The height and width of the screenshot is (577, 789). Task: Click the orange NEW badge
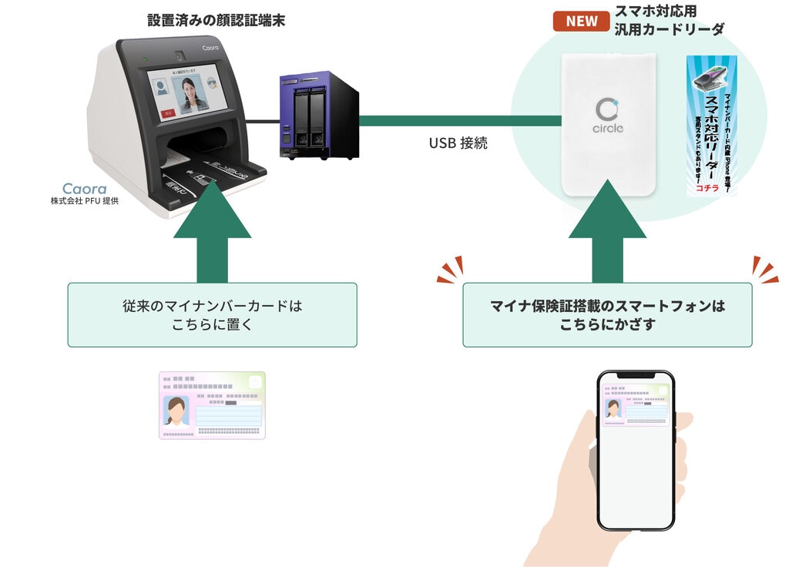tap(582, 21)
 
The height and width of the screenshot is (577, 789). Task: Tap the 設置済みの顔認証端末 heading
tap(217, 21)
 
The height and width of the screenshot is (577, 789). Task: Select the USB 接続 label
tap(458, 143)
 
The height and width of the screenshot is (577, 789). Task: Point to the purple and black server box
tap(319, 115)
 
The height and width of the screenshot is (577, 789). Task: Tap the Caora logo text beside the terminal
tap(85, 188)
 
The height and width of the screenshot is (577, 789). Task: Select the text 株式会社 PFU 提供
tap(85, 202)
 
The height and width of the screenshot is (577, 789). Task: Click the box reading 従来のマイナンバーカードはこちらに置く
tap(212, 315)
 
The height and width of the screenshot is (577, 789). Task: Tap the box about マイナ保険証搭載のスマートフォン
tap(607, 315)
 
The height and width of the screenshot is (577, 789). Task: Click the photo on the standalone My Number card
tap(176, 411)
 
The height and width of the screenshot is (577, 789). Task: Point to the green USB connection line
tap(459, 121)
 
